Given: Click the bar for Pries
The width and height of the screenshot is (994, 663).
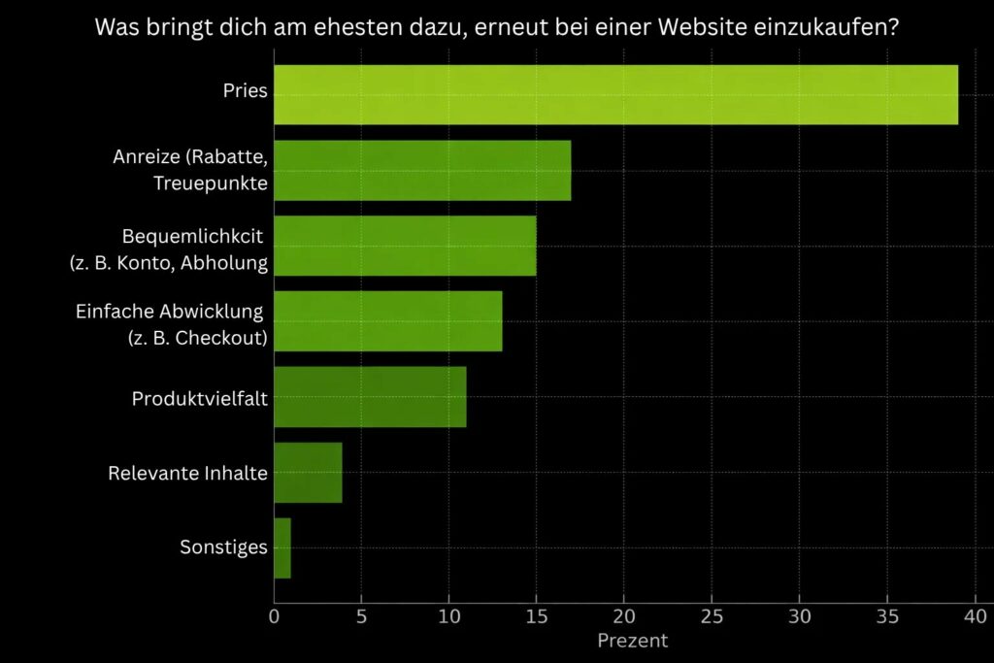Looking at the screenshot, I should [x=615, y=94].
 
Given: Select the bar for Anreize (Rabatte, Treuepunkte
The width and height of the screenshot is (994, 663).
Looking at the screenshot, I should [x=422, y=170].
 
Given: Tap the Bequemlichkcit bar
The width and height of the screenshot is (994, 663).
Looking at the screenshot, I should [x=405, y=246].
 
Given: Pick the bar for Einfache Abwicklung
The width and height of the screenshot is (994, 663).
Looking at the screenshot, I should [x=387, y=320].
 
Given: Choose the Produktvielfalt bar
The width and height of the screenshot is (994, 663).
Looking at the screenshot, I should [x=370, y=396].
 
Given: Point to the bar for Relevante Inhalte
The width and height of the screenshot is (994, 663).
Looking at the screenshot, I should [x=308, y=472].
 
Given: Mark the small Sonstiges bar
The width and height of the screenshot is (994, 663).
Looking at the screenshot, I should [x=282, y=547].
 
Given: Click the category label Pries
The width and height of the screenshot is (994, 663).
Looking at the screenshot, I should [x=245, y=92].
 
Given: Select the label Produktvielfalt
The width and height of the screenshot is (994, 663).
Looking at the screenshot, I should [x=199, y=398].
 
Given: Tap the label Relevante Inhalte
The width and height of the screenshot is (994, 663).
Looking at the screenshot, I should [x=187, y=474].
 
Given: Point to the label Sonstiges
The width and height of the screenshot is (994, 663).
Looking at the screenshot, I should [x=223, y=547].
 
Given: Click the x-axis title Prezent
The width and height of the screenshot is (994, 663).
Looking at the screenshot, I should [x=632, y=641].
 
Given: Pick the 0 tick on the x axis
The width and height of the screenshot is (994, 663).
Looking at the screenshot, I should [x=274, y=615].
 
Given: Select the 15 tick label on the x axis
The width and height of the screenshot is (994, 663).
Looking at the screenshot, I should [x=536, y=615].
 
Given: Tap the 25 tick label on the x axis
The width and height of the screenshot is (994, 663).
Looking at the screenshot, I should [x=712, y=615].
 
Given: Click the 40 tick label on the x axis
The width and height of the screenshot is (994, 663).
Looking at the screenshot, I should [x=976, y=615].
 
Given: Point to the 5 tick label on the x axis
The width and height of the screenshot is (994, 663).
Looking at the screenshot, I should [x=361, y=615].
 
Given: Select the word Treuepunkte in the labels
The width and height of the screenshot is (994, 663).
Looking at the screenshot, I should [x=210, y=183].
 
